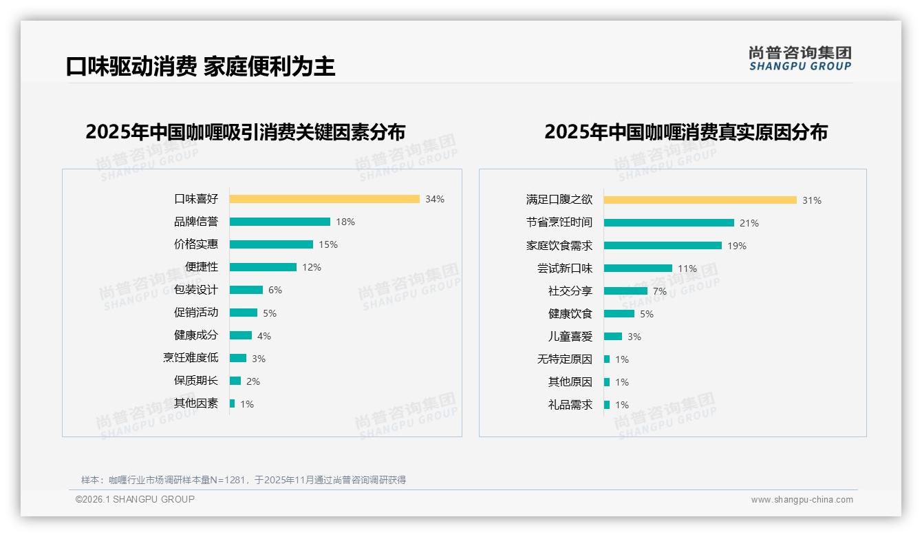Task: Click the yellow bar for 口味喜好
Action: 324,199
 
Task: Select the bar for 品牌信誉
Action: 279,222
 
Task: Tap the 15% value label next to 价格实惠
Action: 328,244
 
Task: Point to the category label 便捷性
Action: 202,267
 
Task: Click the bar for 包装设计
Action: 246,290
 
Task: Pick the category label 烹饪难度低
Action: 191,358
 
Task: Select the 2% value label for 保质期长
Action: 253,381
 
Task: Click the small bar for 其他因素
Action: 232,403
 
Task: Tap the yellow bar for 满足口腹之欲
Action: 700,200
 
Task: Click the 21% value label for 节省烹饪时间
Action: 749,223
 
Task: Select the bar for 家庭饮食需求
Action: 663,246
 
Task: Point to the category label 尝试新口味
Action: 565,268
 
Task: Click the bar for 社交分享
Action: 625,291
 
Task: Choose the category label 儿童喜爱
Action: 570,337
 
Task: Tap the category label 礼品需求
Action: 570,405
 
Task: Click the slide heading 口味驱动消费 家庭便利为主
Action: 200,66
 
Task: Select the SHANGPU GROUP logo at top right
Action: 800,59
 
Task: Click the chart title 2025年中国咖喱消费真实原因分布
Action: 685,131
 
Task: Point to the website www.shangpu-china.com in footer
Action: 802,500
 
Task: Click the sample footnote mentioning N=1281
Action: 244,480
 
